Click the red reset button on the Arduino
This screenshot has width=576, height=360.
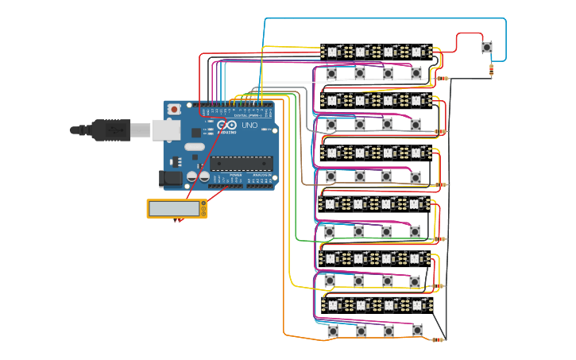[173, 109]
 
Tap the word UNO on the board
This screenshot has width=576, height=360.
[249, 126]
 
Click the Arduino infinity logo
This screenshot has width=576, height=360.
[226, 126]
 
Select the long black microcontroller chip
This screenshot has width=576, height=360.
[242, 163]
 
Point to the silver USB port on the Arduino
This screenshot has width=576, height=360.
[165, 130]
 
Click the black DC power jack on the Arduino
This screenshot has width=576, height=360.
[170, 180]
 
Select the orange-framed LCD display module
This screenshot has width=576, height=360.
[176, 208]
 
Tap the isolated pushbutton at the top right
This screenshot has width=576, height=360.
[486, 48]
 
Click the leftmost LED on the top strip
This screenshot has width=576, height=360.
[331, 52]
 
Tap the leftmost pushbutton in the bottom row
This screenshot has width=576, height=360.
[332, 330]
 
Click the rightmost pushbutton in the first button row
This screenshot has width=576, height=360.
[416, 73]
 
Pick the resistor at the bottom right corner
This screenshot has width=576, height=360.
[438, 339]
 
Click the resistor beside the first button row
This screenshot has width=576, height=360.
[441, 78]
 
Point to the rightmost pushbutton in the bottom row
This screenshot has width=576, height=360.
[417, 330]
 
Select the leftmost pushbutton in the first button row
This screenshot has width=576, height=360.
[331, 73]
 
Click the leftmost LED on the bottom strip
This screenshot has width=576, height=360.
[332, 305]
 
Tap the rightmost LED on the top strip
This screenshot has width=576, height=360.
[416, 52]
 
